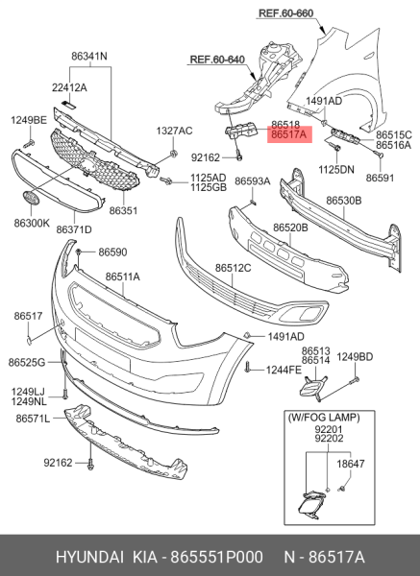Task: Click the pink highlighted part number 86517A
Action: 288,137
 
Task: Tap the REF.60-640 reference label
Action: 217,60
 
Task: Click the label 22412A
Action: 68,87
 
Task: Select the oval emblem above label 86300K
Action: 31,204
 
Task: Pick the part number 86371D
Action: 74,230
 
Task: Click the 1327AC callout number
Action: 175,130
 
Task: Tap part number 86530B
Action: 343,201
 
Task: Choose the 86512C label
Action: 233,268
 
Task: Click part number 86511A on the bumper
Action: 122,276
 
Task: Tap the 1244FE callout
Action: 284,370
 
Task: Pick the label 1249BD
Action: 354,357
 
